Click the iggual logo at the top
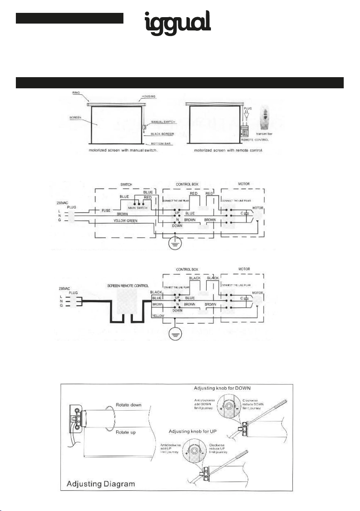click(x=176, y=22)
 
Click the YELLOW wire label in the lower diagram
click(x=159, y=316)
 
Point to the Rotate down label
click(x=129, y=404)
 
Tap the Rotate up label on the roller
click(x=126, y=432)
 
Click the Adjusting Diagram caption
click(x=101, y=484)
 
